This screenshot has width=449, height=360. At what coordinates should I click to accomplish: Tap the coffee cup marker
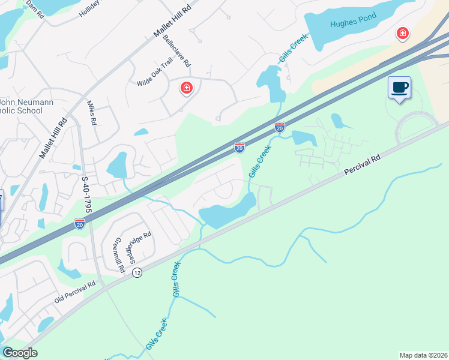399,88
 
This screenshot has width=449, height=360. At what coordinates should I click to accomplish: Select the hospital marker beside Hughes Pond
402,33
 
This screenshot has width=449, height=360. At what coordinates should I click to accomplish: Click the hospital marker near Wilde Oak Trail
187,88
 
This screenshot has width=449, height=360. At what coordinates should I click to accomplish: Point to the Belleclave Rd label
176,50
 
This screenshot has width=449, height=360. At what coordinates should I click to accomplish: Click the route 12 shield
137,272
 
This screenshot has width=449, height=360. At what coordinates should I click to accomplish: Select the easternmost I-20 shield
279,127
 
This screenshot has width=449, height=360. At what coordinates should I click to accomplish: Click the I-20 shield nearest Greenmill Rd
80,224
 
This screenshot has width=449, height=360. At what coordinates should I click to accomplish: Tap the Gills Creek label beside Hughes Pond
293,49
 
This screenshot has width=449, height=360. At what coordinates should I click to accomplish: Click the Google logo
20,353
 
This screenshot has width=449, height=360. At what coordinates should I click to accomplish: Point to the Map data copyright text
423,355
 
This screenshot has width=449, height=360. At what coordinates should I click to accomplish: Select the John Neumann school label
24,106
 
